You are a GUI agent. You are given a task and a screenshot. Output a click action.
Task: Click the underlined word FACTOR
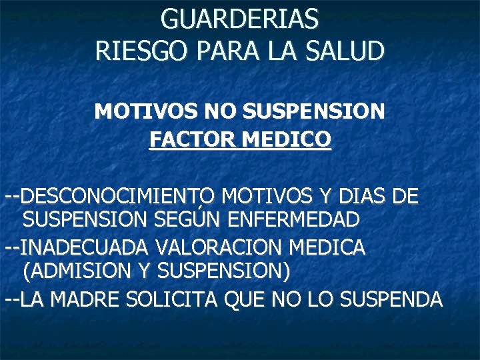point(191,140)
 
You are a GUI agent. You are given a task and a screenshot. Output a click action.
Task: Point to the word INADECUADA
point(85,248)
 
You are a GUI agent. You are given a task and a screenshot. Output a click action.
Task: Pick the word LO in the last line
point(321,300)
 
